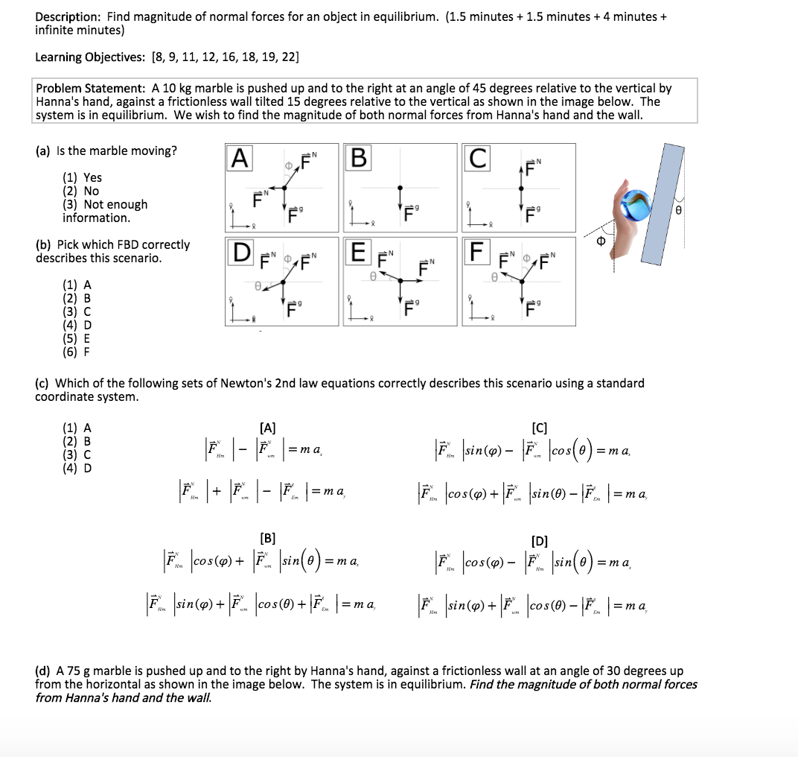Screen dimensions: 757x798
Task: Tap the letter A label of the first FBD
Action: pyautogui.click(x=239, y=158)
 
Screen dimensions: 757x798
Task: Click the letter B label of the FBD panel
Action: pyautogui.click(x=358, y=158)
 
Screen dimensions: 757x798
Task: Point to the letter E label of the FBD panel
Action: pyautogui.click(x=357, y=253)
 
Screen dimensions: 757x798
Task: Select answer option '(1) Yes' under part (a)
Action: pyautogui.click(x=82, y=177)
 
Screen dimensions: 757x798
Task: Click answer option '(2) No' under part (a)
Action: pyautogui.click(x=80, y=191)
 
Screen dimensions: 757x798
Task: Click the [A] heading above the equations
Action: pyautogui.click(x=267, y=428)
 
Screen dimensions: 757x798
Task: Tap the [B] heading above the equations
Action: pyautogui.click(x=267, y=536)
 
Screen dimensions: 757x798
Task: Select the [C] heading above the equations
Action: pyautogui.click(x=540, y=428)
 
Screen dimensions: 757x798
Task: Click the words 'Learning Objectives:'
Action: pyautogui.click(x=89, y=57)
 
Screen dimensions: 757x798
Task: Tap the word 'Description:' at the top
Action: pyautogui.click(x=68, y=16)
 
